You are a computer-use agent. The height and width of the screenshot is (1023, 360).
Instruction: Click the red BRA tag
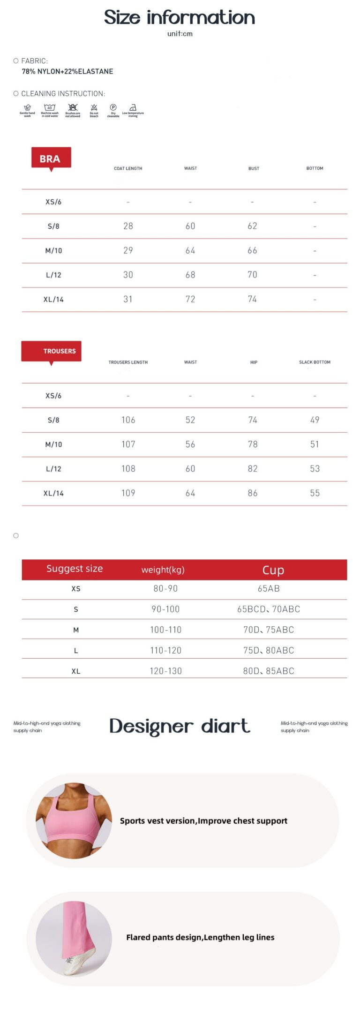(51, 158)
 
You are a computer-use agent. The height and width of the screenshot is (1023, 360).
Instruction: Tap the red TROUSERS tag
(52, 351)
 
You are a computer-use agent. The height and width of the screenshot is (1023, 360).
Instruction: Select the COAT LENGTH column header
(128, 168)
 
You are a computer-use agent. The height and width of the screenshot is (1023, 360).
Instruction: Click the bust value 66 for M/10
(252, 250)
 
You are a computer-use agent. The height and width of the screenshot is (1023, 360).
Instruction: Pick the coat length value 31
(128, 299)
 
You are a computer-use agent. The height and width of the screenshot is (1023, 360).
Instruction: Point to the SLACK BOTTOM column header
(315, 362)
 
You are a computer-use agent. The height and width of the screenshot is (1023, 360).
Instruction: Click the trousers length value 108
(128, 468)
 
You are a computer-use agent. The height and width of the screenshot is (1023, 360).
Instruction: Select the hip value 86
(253, 493)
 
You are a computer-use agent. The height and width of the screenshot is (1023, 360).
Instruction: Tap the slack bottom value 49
(315, 420)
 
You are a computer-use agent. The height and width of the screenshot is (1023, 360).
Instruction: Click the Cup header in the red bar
(273, 570)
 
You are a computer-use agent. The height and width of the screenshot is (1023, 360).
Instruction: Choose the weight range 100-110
(165, 630)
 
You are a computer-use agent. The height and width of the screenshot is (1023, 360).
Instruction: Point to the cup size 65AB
(269, 588)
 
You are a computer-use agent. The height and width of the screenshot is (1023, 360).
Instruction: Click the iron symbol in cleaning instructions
(133, 107)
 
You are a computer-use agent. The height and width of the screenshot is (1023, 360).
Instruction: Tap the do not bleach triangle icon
(94, 107)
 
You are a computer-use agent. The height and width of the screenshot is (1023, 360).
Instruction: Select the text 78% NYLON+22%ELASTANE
(67, 71)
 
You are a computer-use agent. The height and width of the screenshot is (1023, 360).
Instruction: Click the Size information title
(180, 17)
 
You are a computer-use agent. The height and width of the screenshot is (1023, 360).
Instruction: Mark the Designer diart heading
(180, 726)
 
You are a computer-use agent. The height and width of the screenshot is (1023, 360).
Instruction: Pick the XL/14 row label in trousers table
(53, 493)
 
